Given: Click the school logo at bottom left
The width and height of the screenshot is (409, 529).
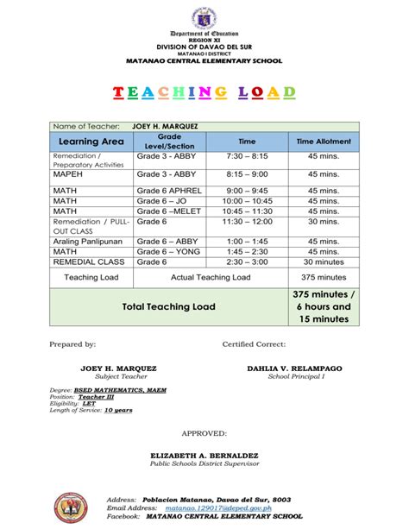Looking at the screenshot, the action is pyautogui.click(x=72, y=508).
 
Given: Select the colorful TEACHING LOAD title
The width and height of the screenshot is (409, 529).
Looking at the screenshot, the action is pyautogui.click(x=204, y=92).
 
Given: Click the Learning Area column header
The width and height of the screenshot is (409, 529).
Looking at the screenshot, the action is pyautogui.click(x=89, y=141).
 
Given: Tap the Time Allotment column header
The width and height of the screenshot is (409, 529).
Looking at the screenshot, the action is pyautogui.click(x=324, y=141).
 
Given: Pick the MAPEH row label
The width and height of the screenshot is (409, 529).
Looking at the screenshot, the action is pyautogui.click(x=69, y=173).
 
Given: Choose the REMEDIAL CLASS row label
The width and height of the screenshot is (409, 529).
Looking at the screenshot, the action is pyautogui.click(x=89, y=261).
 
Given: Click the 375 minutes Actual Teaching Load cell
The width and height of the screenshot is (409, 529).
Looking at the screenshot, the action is pyautogui.click(x=324, y=278).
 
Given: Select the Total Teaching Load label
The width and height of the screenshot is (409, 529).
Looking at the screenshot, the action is pyautogui.click(x=169, y=306).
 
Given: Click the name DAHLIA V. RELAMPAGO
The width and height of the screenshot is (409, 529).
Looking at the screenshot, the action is pyautogui.click(x=295, y=368).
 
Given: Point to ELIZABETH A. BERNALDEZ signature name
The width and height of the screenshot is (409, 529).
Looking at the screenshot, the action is pyautogui.click(x=204, y=454).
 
